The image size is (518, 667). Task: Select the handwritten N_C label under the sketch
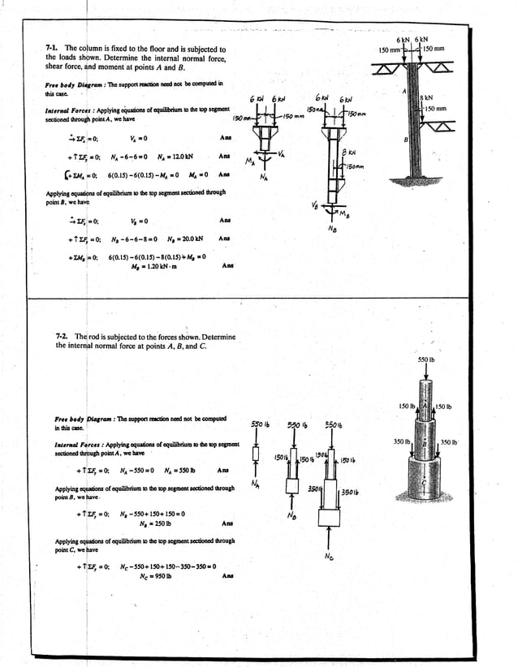tap(327, 557)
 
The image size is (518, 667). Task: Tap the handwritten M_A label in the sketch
tap(249, 160)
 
